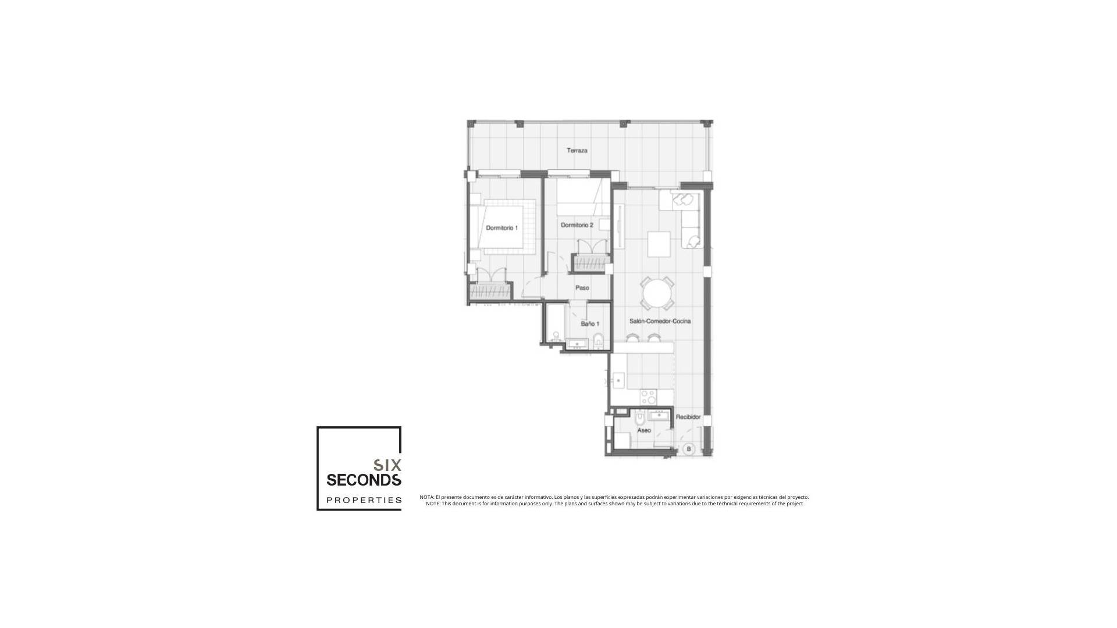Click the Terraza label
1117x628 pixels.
(577, 151)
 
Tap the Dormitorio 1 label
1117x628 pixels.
(501, 228)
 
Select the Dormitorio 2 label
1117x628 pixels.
(577, 225)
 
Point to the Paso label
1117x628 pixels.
(582, 288)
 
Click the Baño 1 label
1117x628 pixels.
(589, 324)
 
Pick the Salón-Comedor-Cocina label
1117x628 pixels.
(660, 321)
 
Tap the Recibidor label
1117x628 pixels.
(688, 418)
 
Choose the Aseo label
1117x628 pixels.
(644, 430)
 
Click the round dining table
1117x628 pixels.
(657, 293)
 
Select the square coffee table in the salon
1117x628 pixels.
(659, 243)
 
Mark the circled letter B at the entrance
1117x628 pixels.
(689, 449)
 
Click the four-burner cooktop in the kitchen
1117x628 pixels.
(648, 397)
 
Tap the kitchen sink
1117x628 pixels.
(618, 381)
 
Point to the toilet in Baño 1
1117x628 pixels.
(599, 340)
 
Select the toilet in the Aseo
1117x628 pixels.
(639, 419)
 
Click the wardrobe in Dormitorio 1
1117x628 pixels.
(490, 291)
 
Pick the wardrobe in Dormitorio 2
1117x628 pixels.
(590, 263)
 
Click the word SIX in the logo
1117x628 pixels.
(387, 465)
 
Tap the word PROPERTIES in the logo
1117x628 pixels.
(364, 500)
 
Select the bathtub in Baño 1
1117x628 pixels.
(553, 327)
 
